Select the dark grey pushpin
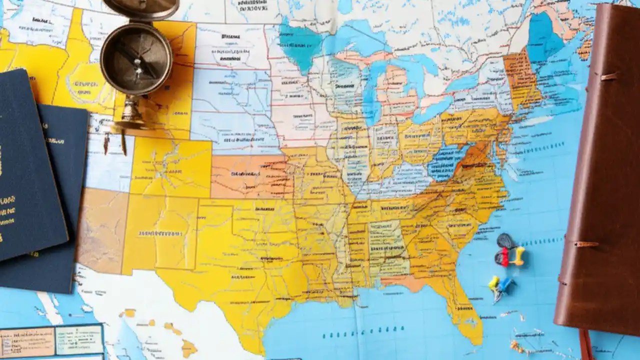click(x=505, y=241)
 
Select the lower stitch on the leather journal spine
click(x=585, y=244)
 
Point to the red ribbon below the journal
click(x=585, y=345)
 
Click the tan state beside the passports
click(x=102, y=230)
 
